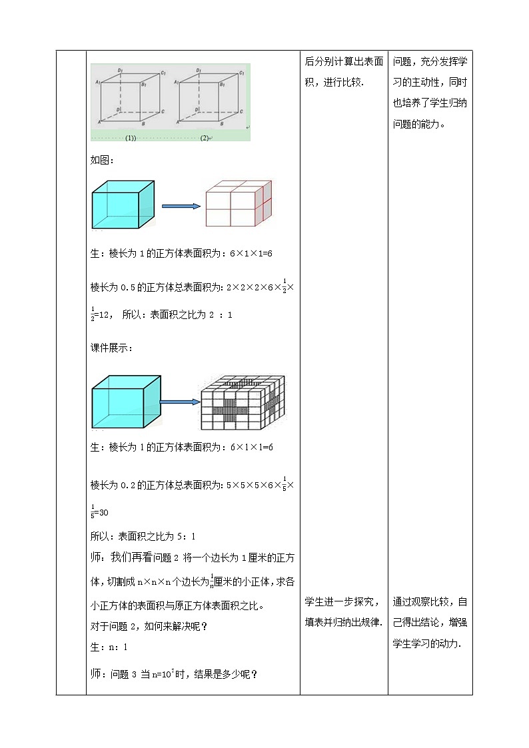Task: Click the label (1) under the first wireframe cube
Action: pyautogui.click(x=130, y=138)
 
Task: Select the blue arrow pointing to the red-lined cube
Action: pyautogui.click(x=181, y=206)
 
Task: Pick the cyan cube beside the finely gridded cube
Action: pyautogui.click(x=126, y=402)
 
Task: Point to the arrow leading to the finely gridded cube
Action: pyautogui.click(x=181, y=402)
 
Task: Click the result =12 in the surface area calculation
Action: pyautogui.click(x=103, y=315)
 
